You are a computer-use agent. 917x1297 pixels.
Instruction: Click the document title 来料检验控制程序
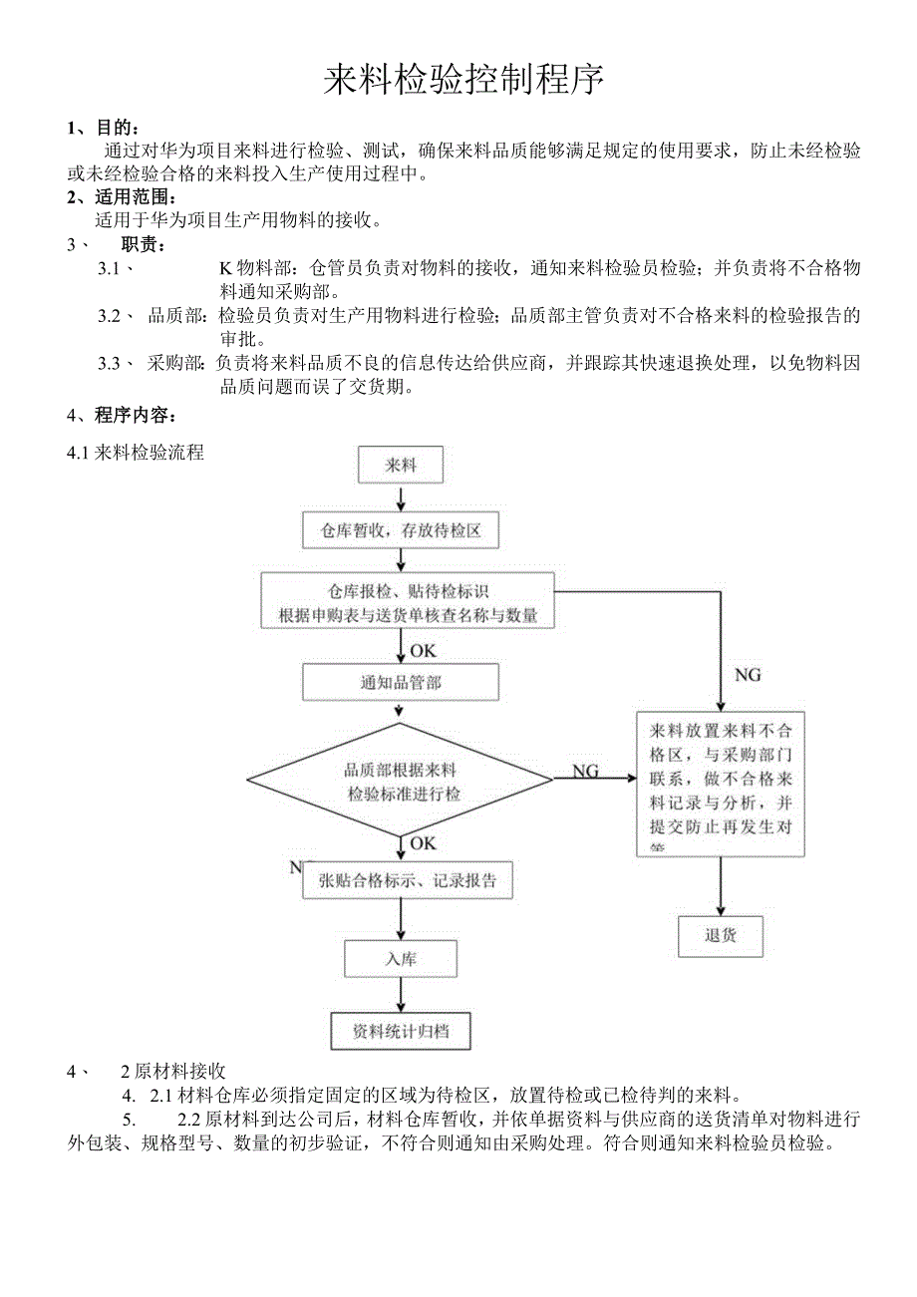(463, 80)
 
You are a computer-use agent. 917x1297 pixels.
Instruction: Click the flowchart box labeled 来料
(400, 465)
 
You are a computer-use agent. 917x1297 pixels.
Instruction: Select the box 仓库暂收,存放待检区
(400, 531)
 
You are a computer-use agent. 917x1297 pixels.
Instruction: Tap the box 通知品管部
(400, 683)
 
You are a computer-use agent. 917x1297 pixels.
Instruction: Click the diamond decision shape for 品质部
(400, 782)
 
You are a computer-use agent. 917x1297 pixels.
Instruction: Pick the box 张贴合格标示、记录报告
(408, 880)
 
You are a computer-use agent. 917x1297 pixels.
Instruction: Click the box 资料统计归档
(400, 1031)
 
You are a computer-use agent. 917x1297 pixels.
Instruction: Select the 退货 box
(720, 936)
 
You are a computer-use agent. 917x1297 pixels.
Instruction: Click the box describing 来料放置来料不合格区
(720, 784)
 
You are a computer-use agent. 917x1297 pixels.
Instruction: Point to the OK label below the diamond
(423, 843)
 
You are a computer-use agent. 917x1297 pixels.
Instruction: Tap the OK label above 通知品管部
(423, 650)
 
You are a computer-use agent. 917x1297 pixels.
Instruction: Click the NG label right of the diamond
(585, 771)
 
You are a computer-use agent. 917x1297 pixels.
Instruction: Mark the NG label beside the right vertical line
(748, 675)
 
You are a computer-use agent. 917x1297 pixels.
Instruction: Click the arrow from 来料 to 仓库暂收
(400, 497)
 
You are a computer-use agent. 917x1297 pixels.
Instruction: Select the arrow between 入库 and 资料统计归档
(400, 995)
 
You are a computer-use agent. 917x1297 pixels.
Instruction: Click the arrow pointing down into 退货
(720, 887)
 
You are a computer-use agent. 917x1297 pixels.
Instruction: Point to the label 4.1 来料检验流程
(136, 453)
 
